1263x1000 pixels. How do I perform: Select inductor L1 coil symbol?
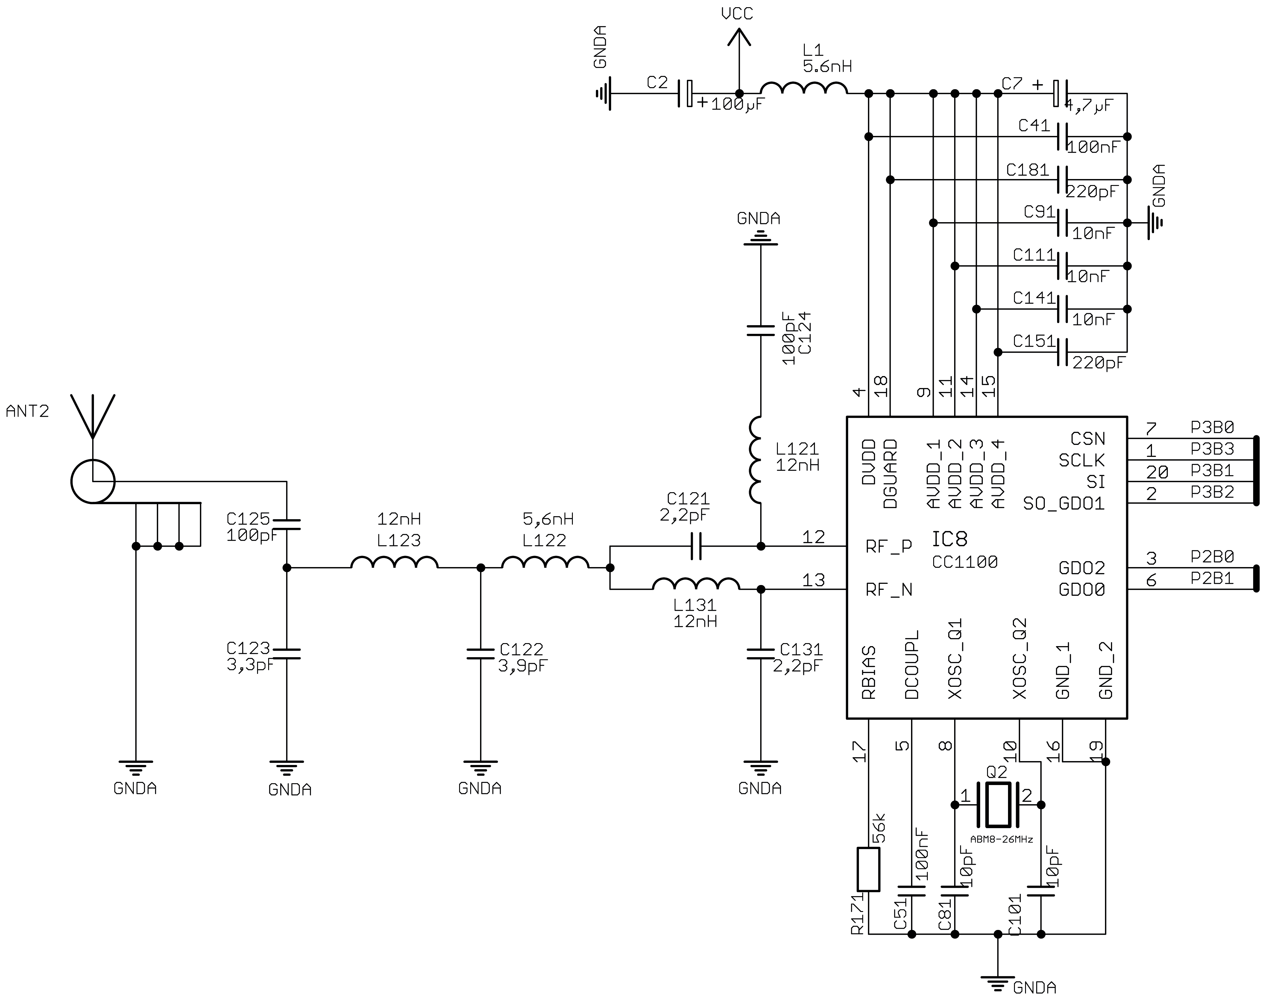(x=804, y=88)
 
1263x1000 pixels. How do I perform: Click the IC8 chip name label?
(x=949, y=538)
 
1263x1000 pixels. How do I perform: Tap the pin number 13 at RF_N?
(x=813, y=580)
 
